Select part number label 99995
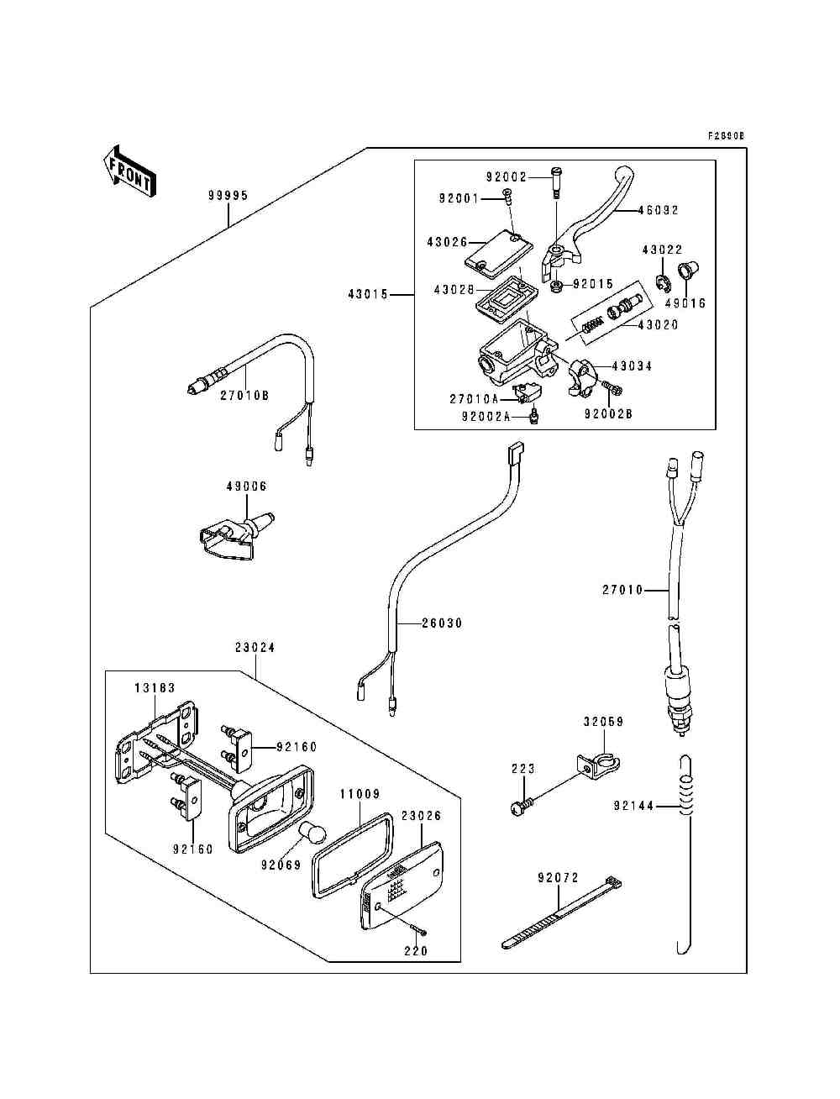click(228, 196)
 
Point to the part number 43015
click(367, 294)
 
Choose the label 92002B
click(609, 414)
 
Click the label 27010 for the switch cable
click(622, 590)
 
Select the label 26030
click(442, 623)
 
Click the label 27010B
click(244, 396)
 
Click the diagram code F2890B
click(727, 135)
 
